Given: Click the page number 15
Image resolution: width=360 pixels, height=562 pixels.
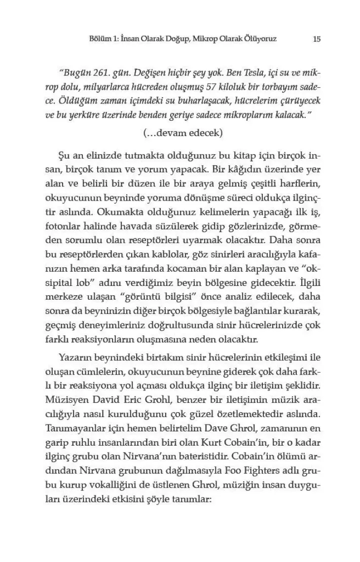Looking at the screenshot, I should pos(317,39).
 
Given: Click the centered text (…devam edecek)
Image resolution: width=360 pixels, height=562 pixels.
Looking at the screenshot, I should pos(183,133).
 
